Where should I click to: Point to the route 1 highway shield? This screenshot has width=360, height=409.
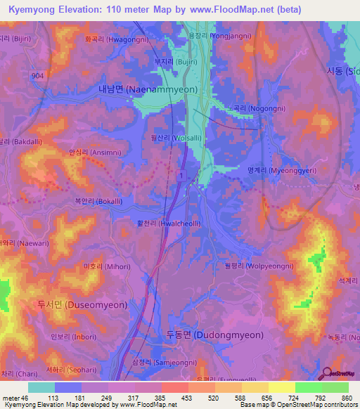(x=182, y=174)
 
